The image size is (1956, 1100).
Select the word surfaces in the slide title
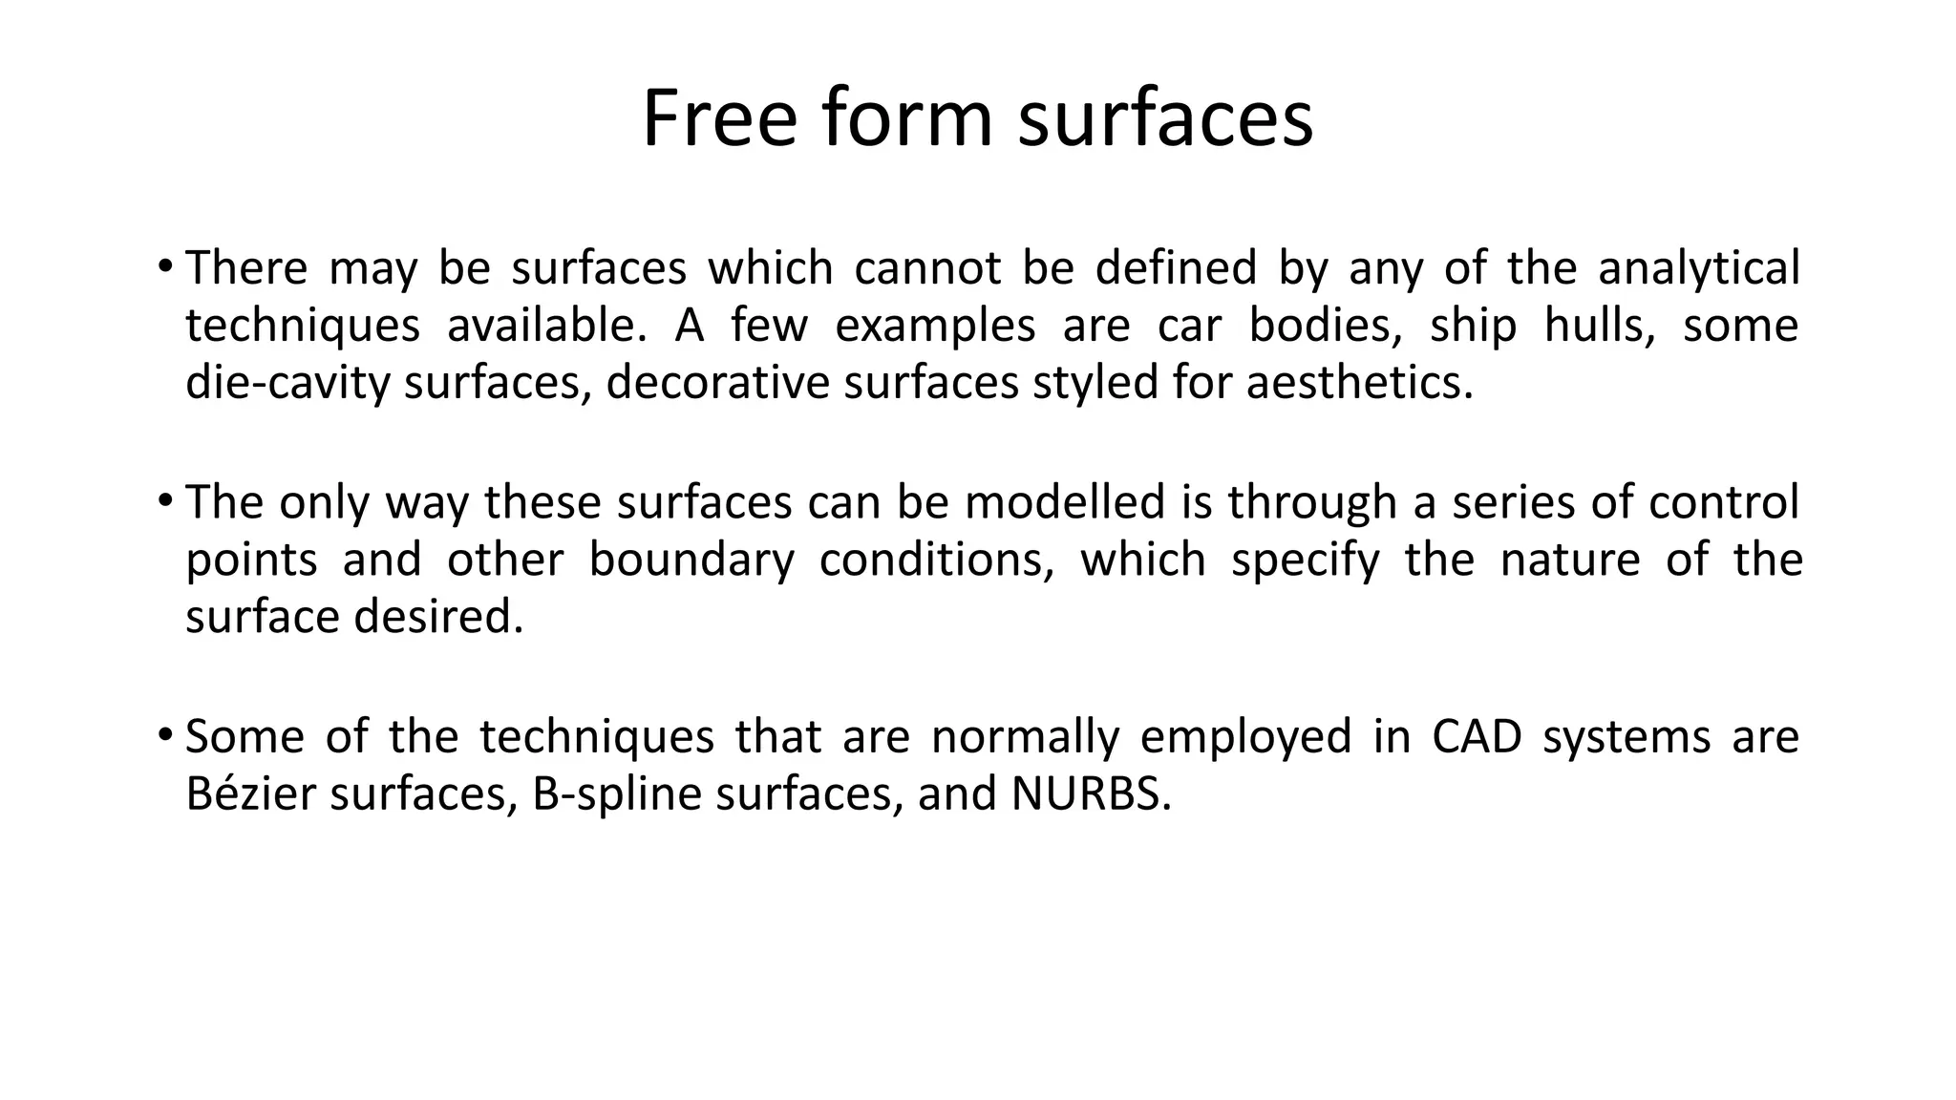(x=1165, y=118)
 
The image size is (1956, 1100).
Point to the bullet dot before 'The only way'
(x=165, y=499)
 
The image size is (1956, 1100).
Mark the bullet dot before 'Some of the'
(x=165, y=734)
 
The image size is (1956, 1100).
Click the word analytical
(x=1698, y=268)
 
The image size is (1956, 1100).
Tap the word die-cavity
(x=287, y=384)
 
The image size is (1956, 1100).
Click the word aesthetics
(x=1359, y=384)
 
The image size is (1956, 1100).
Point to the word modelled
(x=1065, y=502)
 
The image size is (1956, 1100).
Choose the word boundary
(x=691, y=561)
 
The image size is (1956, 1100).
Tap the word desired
(x=438, y=618)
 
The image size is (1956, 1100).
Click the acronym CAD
(x=1477, y=737)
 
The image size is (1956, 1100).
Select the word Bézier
(x=250, y=794)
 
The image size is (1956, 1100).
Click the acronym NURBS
(x=1090, y=794)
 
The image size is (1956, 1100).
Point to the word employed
(x=1245, y=737)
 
